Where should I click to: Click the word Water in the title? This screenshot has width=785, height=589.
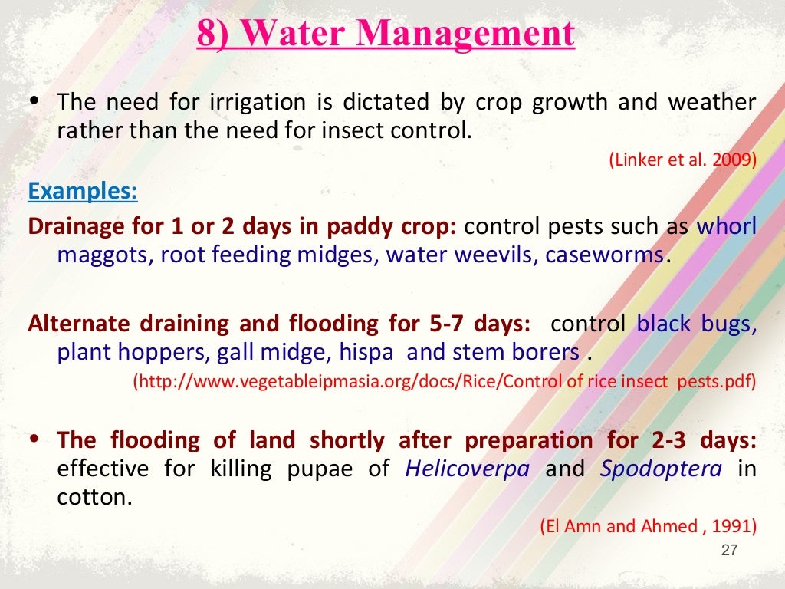click(x=292, y=35)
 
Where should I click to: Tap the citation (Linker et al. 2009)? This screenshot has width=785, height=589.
click(x=683, y=160)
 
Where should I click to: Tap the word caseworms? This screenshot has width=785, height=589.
click(x=605, y=255)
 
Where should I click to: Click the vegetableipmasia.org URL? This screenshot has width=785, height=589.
click(x=445, y=381)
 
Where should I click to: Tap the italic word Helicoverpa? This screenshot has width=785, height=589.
click(x=467, y=468)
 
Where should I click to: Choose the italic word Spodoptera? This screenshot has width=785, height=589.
click(x=661, y=468)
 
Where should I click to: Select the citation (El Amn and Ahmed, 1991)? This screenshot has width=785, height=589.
click(x=649, y=526)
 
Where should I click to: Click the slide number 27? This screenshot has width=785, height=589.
click(x=729, y=550)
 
